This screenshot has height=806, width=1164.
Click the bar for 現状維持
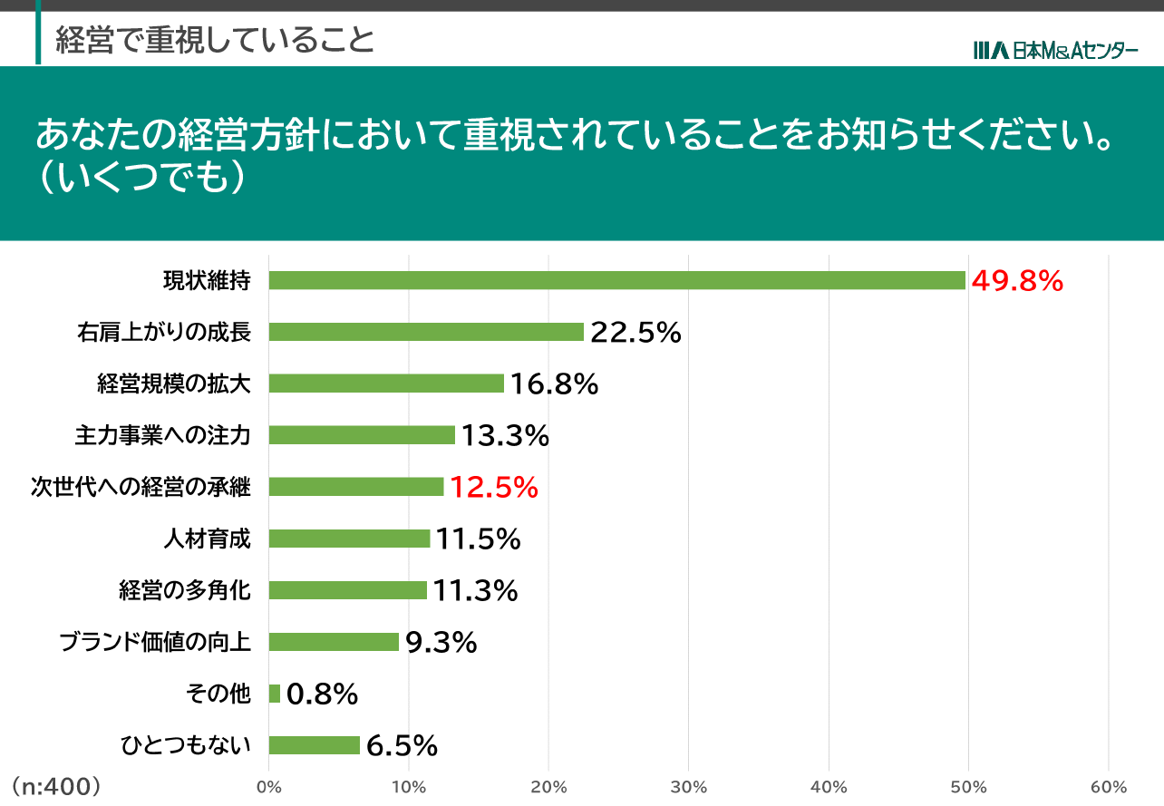(x=616, y=280)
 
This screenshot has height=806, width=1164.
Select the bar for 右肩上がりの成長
(x=426, y=332)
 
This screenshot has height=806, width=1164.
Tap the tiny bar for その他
(x=275, y=694)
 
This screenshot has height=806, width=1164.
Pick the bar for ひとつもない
(x=315, y=745)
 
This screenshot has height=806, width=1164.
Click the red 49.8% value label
(x=1016, y=281)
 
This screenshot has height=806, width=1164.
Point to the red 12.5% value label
(x=494, y=488)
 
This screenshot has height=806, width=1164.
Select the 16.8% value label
(x=554, y=384)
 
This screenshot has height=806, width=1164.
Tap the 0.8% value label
(x=322, y=694)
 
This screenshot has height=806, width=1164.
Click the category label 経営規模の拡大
(x=173, y=384)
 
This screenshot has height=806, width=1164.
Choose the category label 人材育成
(x=206, y=539)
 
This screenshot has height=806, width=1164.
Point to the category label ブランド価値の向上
(x=154, y=642)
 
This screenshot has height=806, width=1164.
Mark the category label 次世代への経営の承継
(x=141, y=487)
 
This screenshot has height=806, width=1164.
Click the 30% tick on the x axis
(x=689, y=787)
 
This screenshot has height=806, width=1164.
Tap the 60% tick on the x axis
(x=1108, y=787)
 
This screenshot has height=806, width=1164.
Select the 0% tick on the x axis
(x=269, y=787)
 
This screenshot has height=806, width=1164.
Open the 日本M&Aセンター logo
(x=1055, y=51)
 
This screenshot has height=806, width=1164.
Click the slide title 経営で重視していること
(x=215, y=40)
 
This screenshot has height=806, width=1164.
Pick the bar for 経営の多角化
(x=348, y=590)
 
